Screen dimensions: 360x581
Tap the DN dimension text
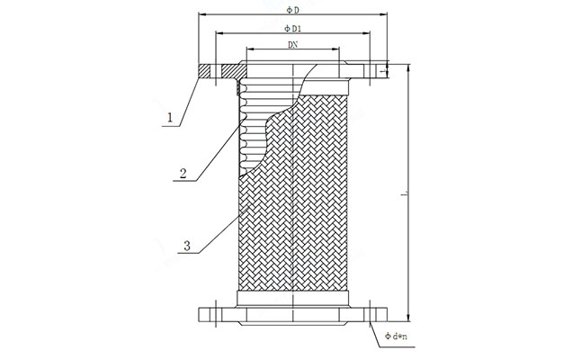coord(293,44)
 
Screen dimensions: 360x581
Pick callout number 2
coord(183,174)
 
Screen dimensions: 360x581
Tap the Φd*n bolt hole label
coord(397,337)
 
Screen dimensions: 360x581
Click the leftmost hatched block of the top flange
coord(204,68)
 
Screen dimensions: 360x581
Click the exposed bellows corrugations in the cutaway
coord(256,126)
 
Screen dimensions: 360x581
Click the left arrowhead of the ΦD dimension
coord(200,15)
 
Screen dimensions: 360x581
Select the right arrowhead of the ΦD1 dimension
coord(370,34)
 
